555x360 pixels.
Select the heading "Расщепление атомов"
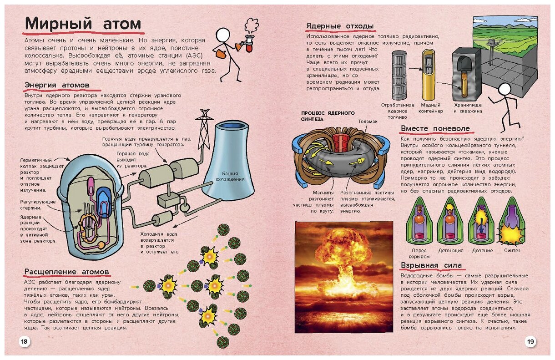pyautogui.click(x=66, y=272)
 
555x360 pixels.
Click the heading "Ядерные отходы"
pyautogui.click(x=340, y=26)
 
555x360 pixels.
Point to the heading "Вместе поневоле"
pyautogui.click(x=435, y=128)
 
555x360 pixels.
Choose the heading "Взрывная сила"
pyautogui.click(x=431, y=265)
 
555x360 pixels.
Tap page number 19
pyautogui.click(x=530, y=341)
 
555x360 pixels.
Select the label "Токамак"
pyautogui.click(x=368, y=122)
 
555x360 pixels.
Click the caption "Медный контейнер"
pyautogui.click(x=430, y=108)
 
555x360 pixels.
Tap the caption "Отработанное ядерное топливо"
pyautogui.click(x=398, y=111)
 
